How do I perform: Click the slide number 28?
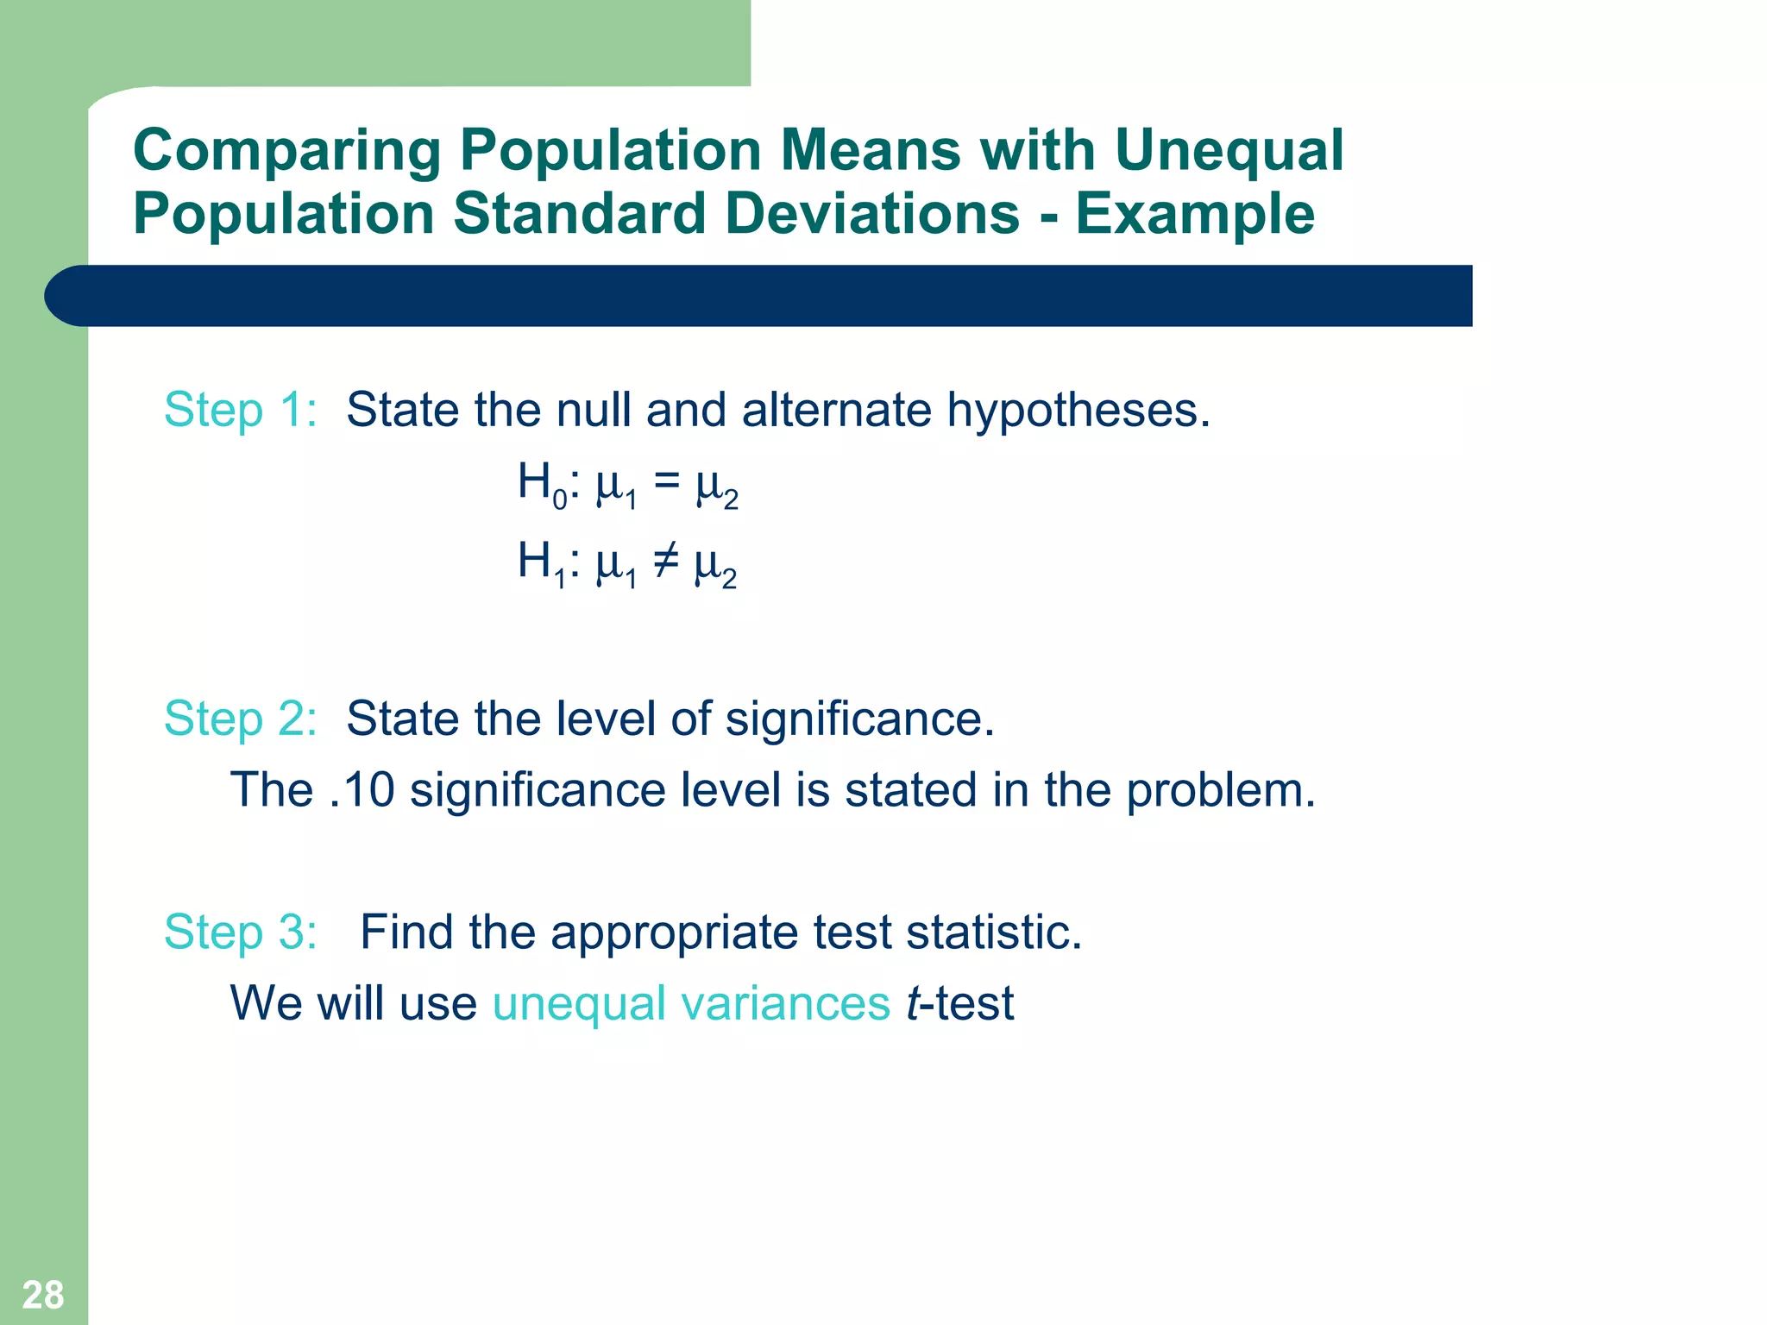click(x=42, y=1295)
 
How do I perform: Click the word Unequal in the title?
click(x=1229, y=150)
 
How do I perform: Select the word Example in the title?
click(x=1194, y=214)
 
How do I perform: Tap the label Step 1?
click(x=241, y=410)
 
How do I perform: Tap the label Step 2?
click(x=241, y=719)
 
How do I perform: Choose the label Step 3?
click(x=241, y=933)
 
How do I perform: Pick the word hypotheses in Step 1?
click(x=1078, y=410)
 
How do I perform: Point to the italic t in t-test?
click(x=913, y=1004)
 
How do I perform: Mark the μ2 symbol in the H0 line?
click(x=716, y=488)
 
